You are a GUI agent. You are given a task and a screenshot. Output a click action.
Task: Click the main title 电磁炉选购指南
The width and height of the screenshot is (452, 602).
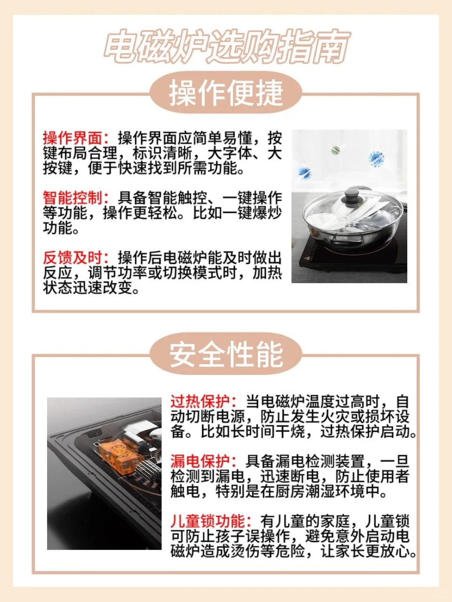pyautogui.click(x=226, y=47)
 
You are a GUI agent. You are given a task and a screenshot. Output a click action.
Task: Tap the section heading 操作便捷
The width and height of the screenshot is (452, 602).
pyautogui.click(x=226, y=93)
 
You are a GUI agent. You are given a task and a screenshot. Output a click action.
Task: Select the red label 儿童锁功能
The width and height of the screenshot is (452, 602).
pyautogui.click(x=208, y=521)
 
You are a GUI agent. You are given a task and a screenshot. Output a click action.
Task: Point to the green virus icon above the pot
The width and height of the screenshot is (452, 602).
pyautogui.click(x=336, y=150)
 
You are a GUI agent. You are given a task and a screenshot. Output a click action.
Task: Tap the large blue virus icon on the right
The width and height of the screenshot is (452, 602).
pyautogui.click(x=376, y=158)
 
